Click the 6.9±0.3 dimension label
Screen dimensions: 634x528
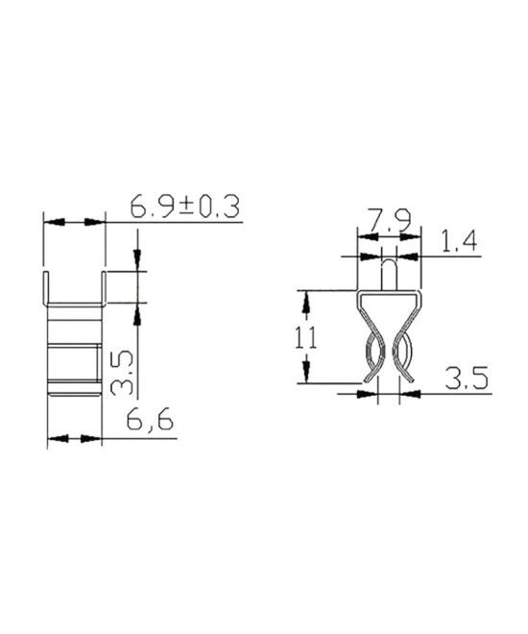tap(184, 207)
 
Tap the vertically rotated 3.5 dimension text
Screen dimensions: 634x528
tap(122, 373)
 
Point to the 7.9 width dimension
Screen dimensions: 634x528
tap(389, 223)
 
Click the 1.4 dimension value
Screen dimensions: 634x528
tap(459, 242)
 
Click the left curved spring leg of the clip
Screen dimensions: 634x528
tap(372, 360)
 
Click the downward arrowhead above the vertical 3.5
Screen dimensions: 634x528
tap(137, 259)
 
